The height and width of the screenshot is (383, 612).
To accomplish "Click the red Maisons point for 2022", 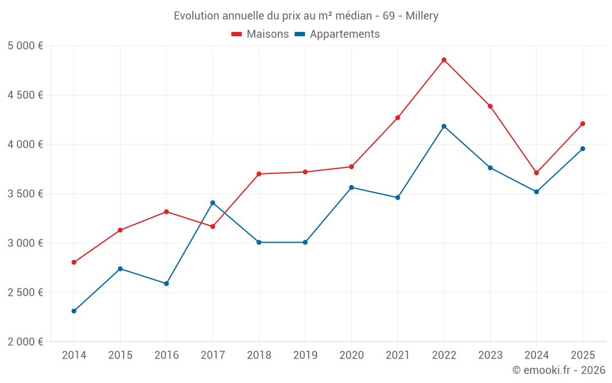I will (x=444, y=60).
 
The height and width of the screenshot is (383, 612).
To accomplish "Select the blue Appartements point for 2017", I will (x=212, y=203).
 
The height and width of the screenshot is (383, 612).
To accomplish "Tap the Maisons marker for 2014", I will (x=74, y=262).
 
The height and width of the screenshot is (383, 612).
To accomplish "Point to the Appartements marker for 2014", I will (x=74, y=311).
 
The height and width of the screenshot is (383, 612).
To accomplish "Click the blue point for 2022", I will (x=444, y=126).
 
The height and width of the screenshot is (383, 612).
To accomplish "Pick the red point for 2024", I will (x=536, y=173).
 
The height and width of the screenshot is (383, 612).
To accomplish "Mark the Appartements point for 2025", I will (x=583, y=149).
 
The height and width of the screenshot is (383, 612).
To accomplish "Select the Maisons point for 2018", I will (x=259, y=174).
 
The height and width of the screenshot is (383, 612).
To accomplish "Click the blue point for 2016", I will (x=166, y=284).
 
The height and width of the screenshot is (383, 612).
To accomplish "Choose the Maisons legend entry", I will (x=260, y=34).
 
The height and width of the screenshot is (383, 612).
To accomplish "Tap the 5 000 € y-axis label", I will (x=25, y=46).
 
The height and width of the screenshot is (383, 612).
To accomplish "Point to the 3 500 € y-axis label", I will (x=25, y=194).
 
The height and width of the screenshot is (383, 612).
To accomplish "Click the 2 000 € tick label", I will (x=25, y=342).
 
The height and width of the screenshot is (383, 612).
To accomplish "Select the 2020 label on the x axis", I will (x=351, y=355).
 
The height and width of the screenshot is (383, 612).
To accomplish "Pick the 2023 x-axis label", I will (x=490, y=355).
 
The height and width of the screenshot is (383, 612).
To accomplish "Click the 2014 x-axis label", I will (x=74, y=355).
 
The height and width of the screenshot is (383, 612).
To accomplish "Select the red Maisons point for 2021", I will (x=398, y=118).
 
